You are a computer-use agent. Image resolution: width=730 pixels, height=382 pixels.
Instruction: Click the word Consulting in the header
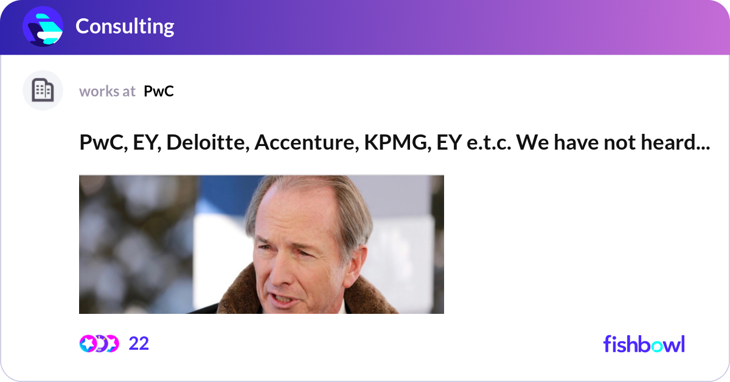tap(125, 26)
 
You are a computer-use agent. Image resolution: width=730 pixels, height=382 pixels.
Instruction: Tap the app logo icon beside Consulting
tap(43, 26)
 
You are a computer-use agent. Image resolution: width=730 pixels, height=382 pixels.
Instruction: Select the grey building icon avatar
tap(43, 91)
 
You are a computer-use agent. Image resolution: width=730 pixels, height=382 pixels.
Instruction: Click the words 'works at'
tap(107, 91)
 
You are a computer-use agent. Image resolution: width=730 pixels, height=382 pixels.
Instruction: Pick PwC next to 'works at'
tap(159, 91)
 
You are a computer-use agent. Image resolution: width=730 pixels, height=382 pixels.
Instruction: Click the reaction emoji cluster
tap(99, 344)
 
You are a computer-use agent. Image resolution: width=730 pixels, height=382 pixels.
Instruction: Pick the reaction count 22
tap(139, 344)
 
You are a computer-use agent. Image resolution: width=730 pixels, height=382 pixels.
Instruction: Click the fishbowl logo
tap(644, 344)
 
